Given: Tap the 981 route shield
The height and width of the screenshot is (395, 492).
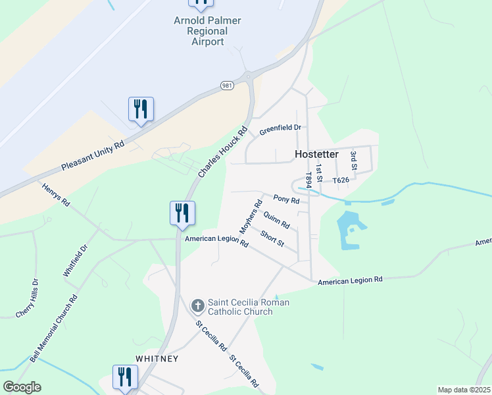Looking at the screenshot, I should pyautogui.click(x=227, y=86).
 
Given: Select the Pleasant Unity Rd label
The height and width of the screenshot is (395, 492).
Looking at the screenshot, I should pyautogui.click(x=92, y=157).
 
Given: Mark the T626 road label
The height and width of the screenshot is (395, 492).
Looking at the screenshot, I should pyautogui.click(x=341, y=180).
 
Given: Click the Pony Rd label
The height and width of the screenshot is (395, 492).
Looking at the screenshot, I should pyautogui.click(x=286, y=199).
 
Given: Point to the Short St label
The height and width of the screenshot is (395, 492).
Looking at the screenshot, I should pyautogui.click(x=272, y=239).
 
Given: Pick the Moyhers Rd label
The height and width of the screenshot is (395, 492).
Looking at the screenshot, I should pyautogui.click(x=247, y=217).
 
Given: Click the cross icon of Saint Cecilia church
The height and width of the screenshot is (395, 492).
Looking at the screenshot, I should pyautogui.click(x=197, y=305).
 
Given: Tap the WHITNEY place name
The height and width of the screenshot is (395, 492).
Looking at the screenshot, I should pyautogui.click(x=157, y=359).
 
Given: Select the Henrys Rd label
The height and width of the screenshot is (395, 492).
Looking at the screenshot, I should pyautogui.click(x=56, y=194).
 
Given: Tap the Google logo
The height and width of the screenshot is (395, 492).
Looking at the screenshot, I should pyautogui.click(x=22, y=387).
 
